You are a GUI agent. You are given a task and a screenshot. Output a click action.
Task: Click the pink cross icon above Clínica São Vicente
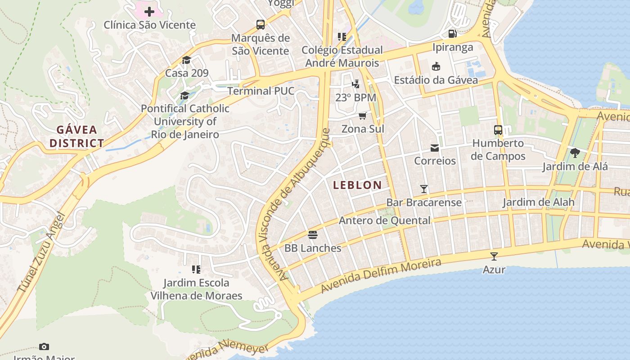click(149, 11)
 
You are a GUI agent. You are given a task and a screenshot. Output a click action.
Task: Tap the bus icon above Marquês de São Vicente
click(261, 24)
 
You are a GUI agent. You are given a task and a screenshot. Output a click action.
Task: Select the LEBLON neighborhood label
click(357, 185)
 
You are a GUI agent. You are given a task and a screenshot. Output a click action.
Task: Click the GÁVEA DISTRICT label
click(76, 137)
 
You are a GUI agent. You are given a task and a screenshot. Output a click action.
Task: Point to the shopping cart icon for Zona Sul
click(363, 116)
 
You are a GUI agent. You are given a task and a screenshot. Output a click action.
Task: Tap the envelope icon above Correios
click(435, 148)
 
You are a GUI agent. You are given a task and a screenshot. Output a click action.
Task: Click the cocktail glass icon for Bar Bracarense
click(423, 189)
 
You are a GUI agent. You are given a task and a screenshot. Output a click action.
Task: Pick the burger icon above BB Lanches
click(313, 234)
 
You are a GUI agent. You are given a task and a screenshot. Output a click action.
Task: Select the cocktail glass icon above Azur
click(494, 256)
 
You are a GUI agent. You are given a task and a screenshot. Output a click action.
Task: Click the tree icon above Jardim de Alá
click(575, 153)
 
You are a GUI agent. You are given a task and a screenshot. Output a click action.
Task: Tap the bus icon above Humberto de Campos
click(498, 130)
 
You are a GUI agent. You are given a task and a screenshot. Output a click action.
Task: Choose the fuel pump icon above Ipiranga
click(453, 34)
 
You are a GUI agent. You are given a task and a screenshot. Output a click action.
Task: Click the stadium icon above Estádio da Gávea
click(436, 67)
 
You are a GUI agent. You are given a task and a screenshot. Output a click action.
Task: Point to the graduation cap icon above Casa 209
click(186, 60)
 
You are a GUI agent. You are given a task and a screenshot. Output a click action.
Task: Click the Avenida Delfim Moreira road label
click(381, 275)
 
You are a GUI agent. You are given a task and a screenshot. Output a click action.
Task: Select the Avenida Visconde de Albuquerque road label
click(294, 205)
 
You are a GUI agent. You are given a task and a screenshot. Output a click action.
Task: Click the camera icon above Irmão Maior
click(44, 346)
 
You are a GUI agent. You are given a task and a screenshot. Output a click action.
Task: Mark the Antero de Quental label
click(384, 220)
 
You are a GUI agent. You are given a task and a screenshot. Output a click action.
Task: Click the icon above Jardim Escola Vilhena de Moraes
click(196, 270)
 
